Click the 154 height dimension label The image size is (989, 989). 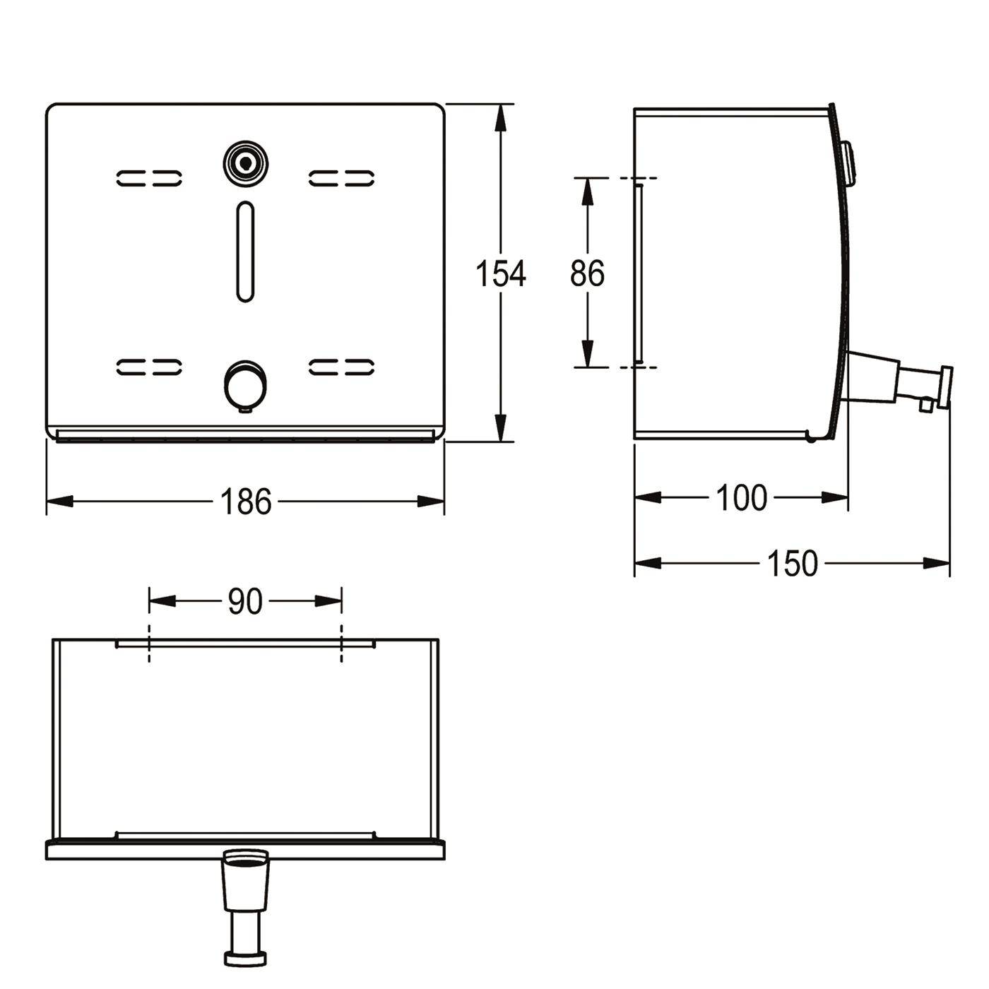coord(500,273)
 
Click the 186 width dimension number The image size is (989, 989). coord(245,502)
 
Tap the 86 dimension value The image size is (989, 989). coord(587,273)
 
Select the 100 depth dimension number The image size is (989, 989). coord(742,497)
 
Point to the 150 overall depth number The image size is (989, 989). coord(793,563)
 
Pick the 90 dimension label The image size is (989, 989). coord(245,601)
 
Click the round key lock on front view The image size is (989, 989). coord(246,163)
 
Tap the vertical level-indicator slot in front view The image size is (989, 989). coord(245,251)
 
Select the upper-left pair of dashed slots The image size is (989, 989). coord(149,178)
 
